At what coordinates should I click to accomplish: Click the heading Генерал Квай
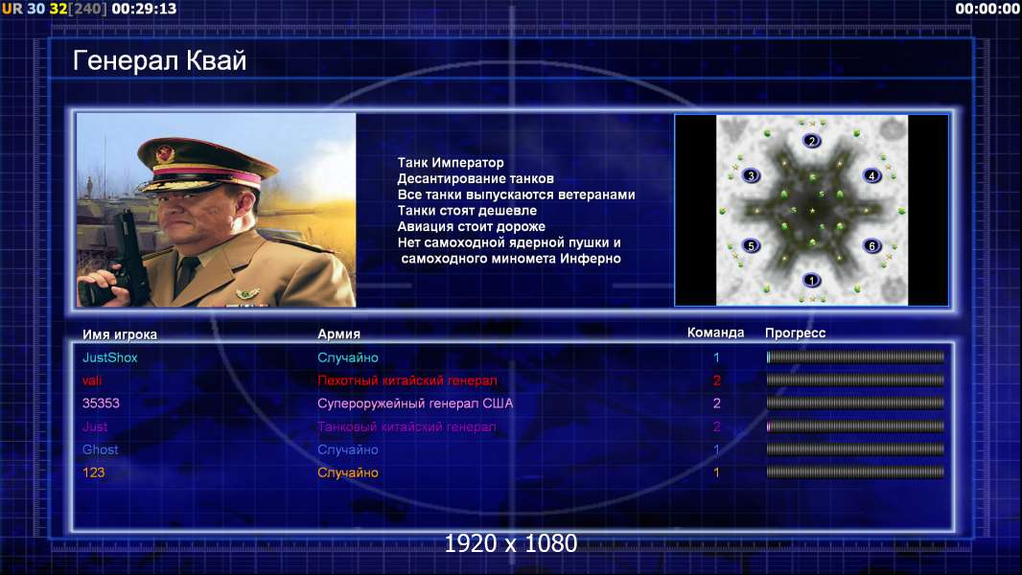160,60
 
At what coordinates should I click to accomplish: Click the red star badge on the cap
166,154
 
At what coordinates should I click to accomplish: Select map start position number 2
811,141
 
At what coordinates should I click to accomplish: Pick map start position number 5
751,245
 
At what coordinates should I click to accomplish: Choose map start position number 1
811,280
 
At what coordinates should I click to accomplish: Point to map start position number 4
871,175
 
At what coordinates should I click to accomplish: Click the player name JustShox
109,357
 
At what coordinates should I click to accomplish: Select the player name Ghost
101,449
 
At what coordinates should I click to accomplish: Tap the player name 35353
101,403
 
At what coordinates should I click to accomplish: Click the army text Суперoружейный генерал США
415,403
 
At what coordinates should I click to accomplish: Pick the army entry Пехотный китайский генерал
407,380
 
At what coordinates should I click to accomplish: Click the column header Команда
715,333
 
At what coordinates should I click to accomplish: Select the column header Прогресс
795,333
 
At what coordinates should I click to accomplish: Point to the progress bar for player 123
855,472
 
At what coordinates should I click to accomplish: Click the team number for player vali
716,380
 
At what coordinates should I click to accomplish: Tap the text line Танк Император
451,163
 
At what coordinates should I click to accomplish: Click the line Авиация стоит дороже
472,226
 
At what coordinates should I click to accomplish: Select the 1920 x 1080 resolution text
511,543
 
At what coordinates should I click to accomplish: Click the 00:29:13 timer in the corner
144,9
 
